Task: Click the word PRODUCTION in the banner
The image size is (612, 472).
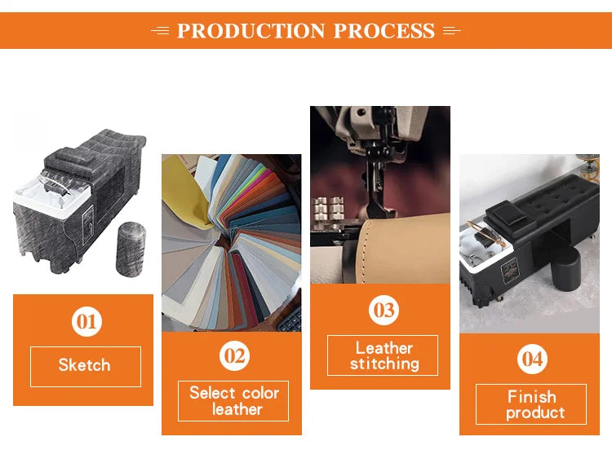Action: (251, 31)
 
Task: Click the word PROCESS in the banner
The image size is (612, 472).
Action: (384, 31)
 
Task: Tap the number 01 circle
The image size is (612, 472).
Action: (86, 322)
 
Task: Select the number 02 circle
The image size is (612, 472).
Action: (234, 355)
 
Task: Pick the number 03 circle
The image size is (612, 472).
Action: (384, 311)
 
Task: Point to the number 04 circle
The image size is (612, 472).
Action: (532, 359)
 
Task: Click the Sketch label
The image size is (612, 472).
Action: (85, 365)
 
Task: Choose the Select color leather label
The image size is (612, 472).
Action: (234, 401)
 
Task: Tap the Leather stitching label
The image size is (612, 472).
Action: (384, 355)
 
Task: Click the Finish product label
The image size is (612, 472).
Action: (534, 404)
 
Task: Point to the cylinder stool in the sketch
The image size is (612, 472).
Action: (131, 249)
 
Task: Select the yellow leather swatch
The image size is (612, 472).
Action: (184, 191)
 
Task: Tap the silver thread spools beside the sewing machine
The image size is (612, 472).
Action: (328, 209)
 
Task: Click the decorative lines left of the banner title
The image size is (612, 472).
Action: (161, 30)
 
